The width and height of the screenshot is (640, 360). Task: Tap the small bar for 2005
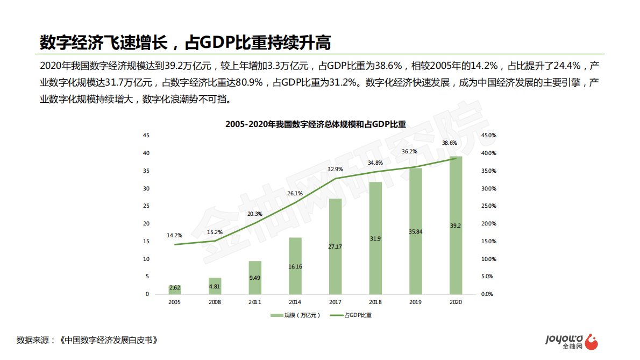click(x=174, y=290)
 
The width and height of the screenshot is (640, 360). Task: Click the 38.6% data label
click(x=450, y=143)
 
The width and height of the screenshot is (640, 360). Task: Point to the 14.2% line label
click(x=174, y=235)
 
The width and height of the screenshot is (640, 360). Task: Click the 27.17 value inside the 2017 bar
click(x=335, y=246)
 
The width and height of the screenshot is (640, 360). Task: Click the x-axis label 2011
click(x=255, y=302)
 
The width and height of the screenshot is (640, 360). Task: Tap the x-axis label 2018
click(x=375, y=302)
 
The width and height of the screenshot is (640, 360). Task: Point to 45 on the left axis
click(x=146, y=136)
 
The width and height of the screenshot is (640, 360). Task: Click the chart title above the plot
click(x=316, y=124)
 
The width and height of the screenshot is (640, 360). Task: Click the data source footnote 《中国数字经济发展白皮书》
click(x=110, y=341)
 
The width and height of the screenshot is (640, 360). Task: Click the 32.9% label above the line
click(x=335, y=170)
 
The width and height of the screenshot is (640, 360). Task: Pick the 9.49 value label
click(x=255, y=278)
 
